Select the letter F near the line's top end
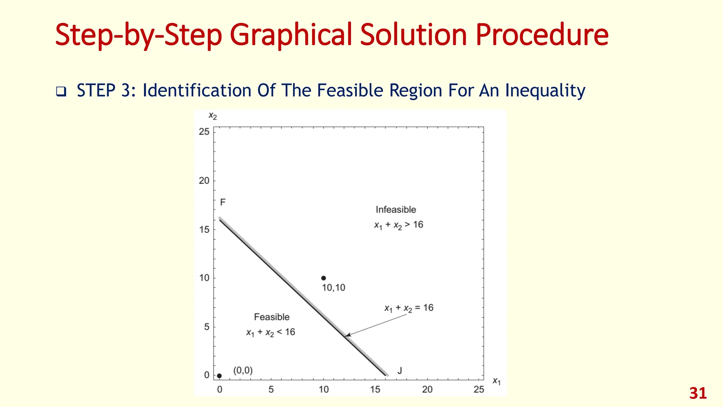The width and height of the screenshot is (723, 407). click(223, 202)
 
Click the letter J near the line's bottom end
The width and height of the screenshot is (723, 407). click(400, 371)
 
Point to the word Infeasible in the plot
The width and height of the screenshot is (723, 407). click(396, 210)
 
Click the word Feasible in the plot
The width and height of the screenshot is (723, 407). click(271, 317)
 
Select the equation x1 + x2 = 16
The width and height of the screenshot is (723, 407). click(409, 308)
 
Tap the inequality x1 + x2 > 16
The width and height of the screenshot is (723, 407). click(399, 225)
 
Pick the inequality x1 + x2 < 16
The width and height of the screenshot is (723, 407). click(270, 332)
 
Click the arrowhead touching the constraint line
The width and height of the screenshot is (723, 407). click(347, 335)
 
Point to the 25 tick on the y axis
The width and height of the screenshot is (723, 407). click(204, 132)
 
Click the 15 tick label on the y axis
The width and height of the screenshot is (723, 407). click(204, 230)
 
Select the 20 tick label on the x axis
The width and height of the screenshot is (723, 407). click(427, 390)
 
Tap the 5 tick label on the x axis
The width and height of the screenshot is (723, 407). click(271, 390)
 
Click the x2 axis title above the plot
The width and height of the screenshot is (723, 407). click(213, 116)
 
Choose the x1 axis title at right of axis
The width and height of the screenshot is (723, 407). click(496, 381)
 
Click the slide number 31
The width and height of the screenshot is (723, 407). click(698, 394)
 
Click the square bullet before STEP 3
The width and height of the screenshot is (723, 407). click(61, 92)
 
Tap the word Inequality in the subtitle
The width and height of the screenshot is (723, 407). click(545, 90)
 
